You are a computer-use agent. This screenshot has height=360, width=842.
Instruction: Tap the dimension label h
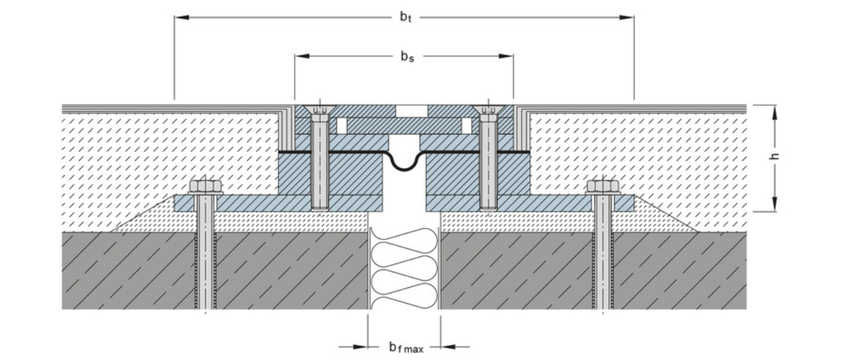(x=775, y=157)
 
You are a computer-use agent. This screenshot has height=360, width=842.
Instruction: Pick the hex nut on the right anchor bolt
(x=603, y=186)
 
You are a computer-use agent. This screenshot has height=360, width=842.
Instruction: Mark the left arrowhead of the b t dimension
(x=182, y=17)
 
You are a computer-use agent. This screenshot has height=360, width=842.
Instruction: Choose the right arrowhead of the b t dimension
(x=627, y=17)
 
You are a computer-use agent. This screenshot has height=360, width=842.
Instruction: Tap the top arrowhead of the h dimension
(x=775, y=112)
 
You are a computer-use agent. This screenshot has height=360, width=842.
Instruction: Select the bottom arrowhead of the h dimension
(x=775, y=204)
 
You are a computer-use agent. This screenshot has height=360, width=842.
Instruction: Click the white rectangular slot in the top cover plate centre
(x=411, y=110)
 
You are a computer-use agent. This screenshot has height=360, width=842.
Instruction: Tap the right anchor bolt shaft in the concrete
(x=603, y=269)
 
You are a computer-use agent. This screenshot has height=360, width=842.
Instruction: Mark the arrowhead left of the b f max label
(x=360, y=347)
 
